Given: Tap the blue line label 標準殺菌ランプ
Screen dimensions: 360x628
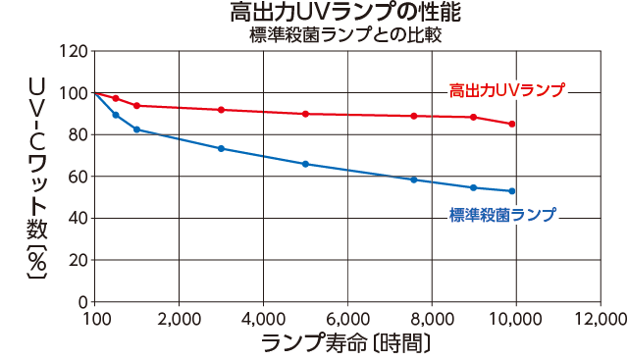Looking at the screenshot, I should pyautogui.click(x=502, y=213).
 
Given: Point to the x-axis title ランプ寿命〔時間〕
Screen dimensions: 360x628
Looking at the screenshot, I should pyautogui.click(x=346, y=344).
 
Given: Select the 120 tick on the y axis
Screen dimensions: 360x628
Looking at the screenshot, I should pyautogui.click(x=74, y=51).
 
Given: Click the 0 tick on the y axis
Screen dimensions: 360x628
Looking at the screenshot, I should pyautogui.click(x=82, y=302).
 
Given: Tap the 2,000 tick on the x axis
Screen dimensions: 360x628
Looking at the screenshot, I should pyautogui.click(x=179, y=319).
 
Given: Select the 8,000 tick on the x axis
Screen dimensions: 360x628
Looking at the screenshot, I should pyautogui.click(x=431, y=319).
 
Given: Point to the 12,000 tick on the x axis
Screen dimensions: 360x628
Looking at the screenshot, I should pyautogui.click(x=599, y=319).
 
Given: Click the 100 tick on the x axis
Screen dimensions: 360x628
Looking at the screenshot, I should pyautogui.click(x=95, y=319).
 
